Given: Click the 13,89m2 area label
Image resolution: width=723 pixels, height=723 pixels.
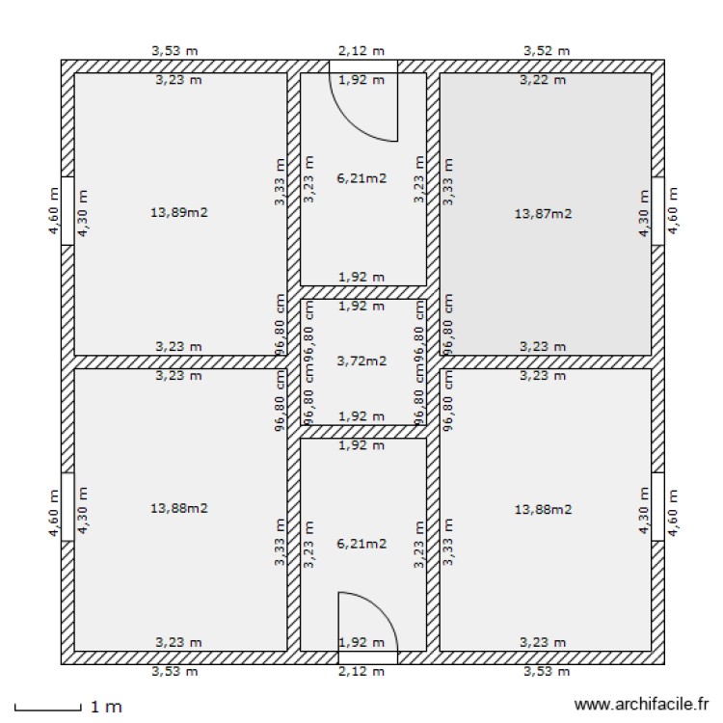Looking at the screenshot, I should [x=178, y=213].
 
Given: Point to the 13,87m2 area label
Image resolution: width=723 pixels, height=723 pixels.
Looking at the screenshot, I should [x=545, y=214].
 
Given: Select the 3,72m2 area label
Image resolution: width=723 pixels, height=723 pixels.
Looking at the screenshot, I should [x=361, y=361].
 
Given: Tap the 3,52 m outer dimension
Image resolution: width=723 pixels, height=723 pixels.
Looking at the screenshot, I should [x=547, y=50].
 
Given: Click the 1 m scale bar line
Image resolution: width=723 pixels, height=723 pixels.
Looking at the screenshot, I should [x=48, y=710].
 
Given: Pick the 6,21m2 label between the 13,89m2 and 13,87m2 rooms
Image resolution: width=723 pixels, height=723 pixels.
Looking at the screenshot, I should [x=361, y=177].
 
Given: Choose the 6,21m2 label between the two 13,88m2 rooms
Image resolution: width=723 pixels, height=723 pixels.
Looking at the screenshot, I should [x=361, y=544].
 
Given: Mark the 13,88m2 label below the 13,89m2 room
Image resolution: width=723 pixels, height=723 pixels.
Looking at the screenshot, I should [x=178, y=508].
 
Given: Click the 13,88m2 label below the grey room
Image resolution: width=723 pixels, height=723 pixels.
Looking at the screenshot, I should [x=545, y=508].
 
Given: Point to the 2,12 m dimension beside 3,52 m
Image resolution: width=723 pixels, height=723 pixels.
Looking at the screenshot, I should [x=361, y=50].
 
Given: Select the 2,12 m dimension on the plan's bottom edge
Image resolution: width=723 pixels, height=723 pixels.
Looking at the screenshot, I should [x=361, y=671].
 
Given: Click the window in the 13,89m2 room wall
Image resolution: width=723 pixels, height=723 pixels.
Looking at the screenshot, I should [x=67, y=212].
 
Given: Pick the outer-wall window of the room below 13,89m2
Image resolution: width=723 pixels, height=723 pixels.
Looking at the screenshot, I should [x=67, y=507].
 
